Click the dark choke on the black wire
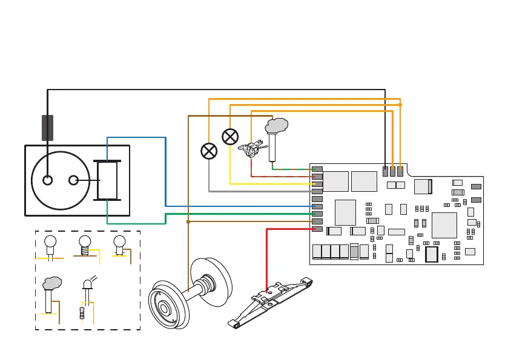click(47, 128)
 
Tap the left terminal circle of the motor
click(47, 180)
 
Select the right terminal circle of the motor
click(74, 180)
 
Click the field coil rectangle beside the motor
click(107, 180)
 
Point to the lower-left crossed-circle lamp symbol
click(209, 151)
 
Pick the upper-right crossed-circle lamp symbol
click(230, 137)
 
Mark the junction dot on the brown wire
click(188, 222)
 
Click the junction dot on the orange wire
click(400, 105)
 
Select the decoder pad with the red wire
click(317, 229)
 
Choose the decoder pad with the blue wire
click(317, 206)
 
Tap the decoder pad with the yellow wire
click(317, 184)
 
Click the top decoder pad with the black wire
click(385, 172)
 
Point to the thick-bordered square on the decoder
click(431, 255)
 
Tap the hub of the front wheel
click(164, 307)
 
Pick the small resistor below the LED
click(82, 313)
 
